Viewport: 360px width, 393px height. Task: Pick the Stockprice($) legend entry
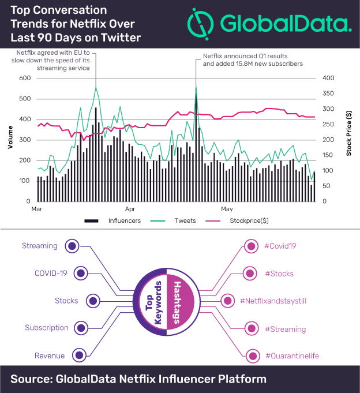[241, 220]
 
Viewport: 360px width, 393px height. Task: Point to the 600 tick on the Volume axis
[25, 78]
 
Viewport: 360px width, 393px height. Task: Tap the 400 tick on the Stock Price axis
[328, 78]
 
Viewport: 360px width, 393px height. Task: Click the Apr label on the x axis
[130, 209]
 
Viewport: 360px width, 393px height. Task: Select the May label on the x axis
[226, 209]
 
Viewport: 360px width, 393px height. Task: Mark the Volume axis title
[10, 139]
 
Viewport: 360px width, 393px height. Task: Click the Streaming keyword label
[40, 246]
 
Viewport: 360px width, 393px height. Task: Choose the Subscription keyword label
[47, 328]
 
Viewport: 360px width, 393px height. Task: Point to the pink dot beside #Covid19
[250, 246]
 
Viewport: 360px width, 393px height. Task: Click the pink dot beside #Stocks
[250, 274]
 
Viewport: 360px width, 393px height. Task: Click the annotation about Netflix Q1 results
[253, 60]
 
